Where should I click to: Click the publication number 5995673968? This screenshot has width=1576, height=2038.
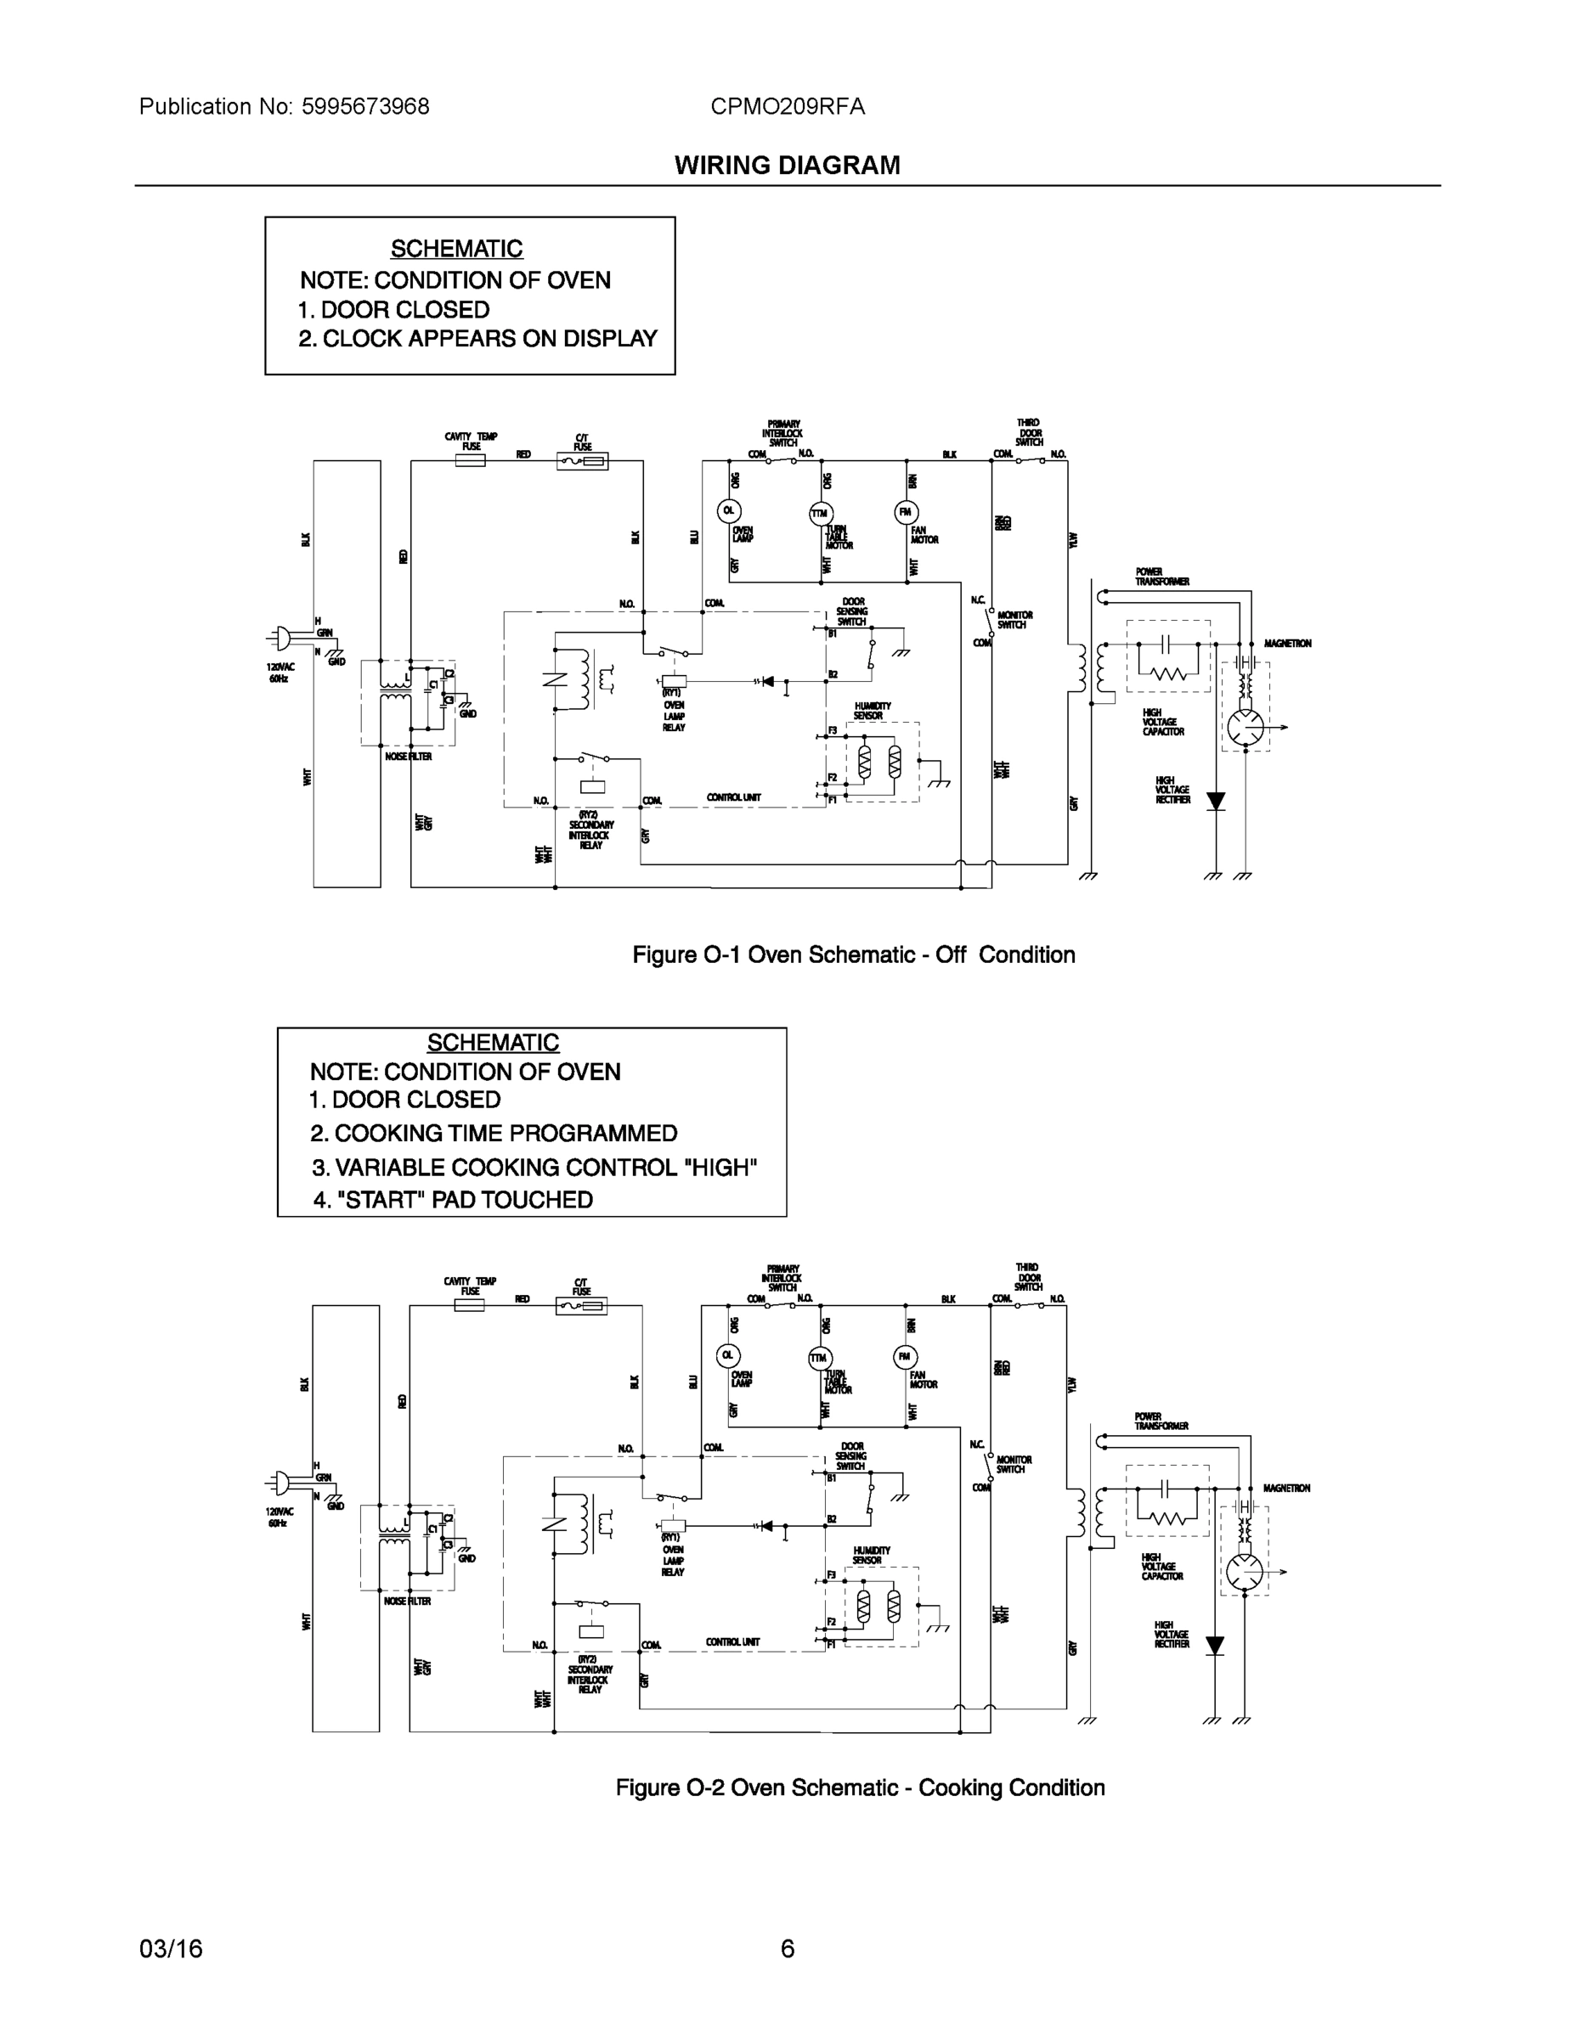[x=365, y=107]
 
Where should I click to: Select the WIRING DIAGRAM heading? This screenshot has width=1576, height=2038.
[x=787, y=166]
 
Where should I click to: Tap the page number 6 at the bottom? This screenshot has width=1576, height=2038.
[x=787, y=1949]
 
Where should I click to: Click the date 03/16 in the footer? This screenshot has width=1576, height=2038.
[x=171, y=1949]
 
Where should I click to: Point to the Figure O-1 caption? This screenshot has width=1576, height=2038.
[x=853, y=954]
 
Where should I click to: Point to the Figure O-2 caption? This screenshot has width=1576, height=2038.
[x=860, y=1787]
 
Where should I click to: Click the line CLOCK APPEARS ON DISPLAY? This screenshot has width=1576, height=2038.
[x=478, y=339]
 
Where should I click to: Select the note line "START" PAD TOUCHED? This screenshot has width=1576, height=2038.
[x=454, y=1199]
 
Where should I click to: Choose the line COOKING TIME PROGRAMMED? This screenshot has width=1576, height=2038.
[x=494, y=1133]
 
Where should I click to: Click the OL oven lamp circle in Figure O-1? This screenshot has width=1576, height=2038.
[x=728, y=510]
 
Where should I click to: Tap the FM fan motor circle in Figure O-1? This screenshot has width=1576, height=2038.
[x=906, y=511]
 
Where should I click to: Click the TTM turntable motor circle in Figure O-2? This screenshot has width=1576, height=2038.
[x=819, y=1358]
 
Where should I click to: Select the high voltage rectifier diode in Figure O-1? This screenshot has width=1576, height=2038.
[x=1216, y=802]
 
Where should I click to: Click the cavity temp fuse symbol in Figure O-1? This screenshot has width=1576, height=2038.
[x=470, y=460]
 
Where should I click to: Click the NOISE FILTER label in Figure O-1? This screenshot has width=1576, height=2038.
[x=408, y=757]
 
